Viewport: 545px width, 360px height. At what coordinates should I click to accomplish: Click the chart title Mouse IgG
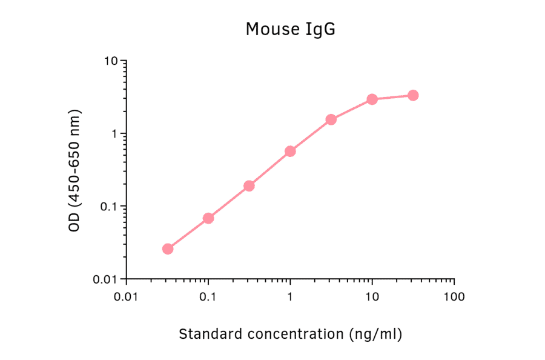click(290, 29)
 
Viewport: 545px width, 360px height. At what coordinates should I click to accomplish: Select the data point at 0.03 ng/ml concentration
click(168, 248)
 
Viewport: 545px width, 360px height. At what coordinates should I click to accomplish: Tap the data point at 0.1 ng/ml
click(208, 218)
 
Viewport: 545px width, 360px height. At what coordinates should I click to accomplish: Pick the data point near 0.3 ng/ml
click(249, 185)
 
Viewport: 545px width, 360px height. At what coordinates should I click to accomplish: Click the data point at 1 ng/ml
click(290, 151)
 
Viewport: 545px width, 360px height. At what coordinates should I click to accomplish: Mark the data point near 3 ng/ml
click(331, 119)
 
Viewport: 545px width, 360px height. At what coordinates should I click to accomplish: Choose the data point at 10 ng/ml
click(372, 99)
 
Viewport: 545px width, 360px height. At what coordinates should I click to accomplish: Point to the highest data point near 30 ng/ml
click(413, 95)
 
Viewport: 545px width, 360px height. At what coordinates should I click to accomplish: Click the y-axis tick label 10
click(110, 61)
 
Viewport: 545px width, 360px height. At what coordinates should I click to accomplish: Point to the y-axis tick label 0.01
click(105, 279)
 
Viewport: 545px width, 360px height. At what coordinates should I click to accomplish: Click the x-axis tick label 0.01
click(126, 297)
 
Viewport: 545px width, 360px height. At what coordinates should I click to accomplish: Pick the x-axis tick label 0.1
click(208, 297)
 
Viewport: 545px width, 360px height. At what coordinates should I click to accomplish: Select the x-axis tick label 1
click(290, 297)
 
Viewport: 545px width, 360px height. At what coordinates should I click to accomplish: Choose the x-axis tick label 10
click(372, 297)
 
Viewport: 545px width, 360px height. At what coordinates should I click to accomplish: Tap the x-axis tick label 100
click(454, 297)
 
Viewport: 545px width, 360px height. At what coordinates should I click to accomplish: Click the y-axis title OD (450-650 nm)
click(74, 170)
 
